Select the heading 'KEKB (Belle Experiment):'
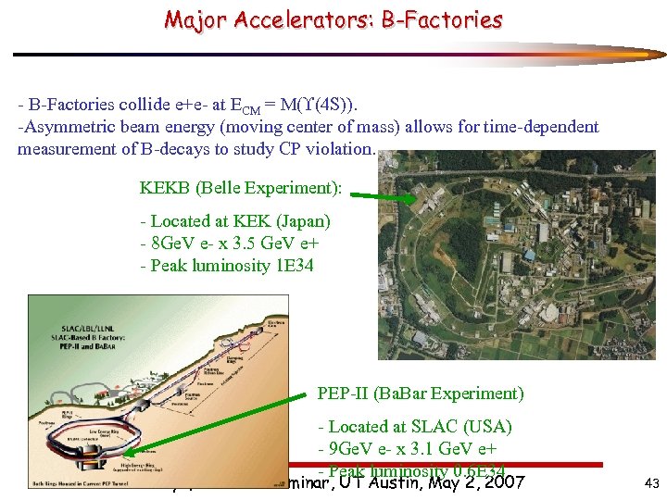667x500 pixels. (x=241, y=188)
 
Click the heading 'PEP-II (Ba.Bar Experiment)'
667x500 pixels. (x=421, y=394)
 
